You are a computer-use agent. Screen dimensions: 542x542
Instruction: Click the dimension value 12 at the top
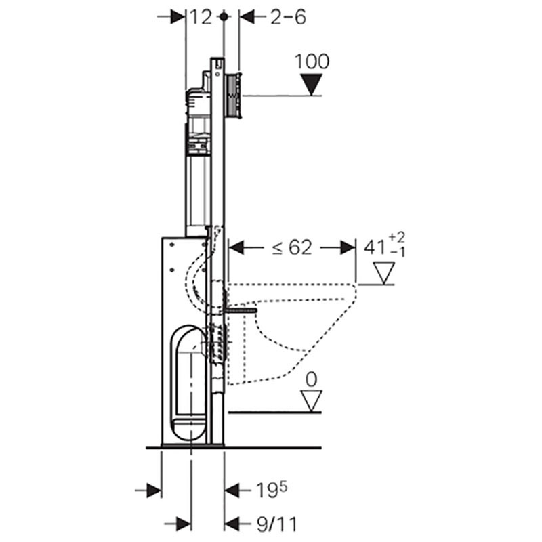[201, 17]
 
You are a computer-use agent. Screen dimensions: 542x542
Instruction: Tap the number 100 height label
[312, 62]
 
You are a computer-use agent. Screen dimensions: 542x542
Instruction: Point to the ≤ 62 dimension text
[292, 248]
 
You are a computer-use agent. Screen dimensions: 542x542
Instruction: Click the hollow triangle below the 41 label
[384, 274]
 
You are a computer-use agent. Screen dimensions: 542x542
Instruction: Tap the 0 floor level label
[312, 379]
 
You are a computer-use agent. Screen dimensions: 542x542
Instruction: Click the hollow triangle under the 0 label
[312, 400]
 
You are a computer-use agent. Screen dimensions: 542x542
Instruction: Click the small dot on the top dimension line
[224, 18]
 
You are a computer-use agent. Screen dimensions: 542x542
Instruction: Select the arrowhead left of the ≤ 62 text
[236, 248]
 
